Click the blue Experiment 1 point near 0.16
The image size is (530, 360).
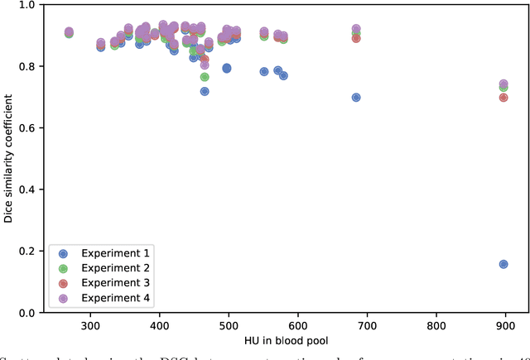(503, 264)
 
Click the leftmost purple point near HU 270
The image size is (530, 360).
(69, 31)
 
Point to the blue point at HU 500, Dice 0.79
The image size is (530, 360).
(226, 68)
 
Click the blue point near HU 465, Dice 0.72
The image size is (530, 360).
(205, 91)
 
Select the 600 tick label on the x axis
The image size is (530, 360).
(297, 326)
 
